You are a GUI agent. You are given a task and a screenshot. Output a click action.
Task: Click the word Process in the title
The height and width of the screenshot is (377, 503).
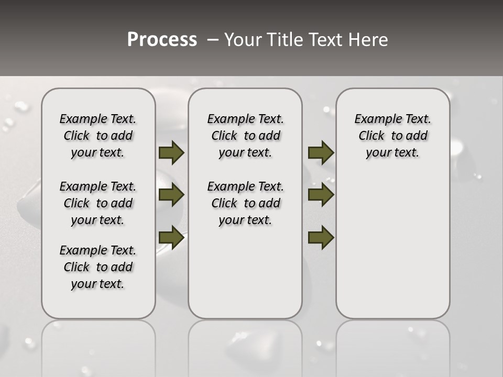(x=162, y=40)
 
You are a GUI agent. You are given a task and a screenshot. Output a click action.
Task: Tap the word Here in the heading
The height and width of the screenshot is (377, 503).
(x=369, y=40)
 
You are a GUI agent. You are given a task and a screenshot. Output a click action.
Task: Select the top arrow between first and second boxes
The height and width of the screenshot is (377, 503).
(x=171, y=153)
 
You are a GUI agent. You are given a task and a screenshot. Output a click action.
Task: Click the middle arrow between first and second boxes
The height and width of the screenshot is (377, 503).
(x=171, y=195)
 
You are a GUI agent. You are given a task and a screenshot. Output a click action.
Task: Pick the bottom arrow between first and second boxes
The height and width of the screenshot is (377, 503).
(x=171, y=238)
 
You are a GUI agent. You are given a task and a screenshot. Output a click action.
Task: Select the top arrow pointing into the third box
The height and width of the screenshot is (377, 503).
(x=321, y=153)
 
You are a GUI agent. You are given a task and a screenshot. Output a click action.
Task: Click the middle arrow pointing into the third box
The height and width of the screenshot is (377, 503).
(x=321, y=195)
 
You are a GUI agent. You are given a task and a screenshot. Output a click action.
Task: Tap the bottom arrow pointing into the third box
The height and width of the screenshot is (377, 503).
(x=321, y=238)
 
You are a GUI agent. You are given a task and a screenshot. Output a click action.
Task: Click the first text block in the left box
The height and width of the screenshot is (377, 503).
(x=98, y=136)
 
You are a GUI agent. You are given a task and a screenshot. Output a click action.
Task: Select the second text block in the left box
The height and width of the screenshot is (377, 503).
(x=98, y=203)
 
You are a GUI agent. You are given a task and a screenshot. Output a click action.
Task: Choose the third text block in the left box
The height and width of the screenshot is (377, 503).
(x=98, y=267)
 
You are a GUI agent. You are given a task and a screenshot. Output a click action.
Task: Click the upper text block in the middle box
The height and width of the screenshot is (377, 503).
(x=245, y=136)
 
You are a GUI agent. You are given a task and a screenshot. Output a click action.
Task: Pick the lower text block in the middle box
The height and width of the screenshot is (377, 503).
(x=245, y=203)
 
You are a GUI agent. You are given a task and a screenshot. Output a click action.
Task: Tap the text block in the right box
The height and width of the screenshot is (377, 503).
(x=392, y=136)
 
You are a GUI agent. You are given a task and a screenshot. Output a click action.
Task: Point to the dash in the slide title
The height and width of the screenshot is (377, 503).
(x=213, y=40)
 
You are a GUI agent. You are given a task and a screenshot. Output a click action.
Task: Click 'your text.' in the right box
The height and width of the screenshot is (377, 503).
(x=392, y=153)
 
